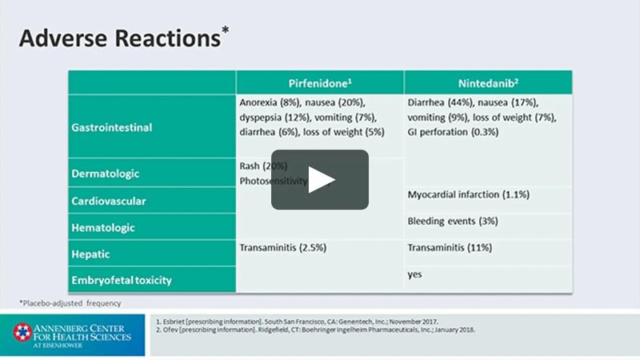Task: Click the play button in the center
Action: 319,180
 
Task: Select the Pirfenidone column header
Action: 320,82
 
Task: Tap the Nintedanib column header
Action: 488,82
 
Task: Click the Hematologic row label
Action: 105,228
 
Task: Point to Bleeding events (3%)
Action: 454,220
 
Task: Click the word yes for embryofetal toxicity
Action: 414,274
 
